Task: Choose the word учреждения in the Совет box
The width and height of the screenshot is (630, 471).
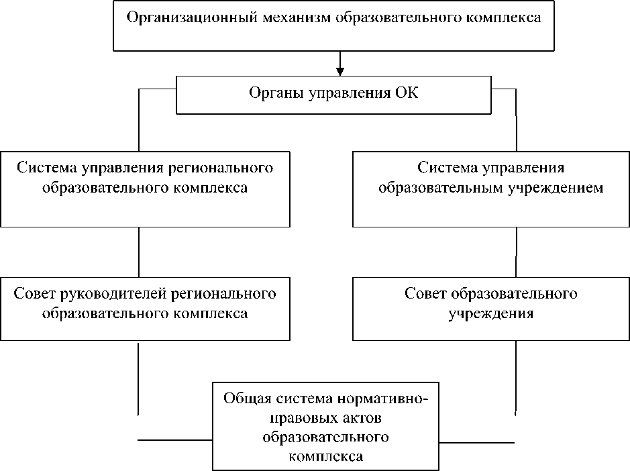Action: pyautogui.click(x=490, y=313)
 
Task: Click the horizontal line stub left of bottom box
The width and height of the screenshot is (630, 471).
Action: pyautogui.click(x=174, y=439)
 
